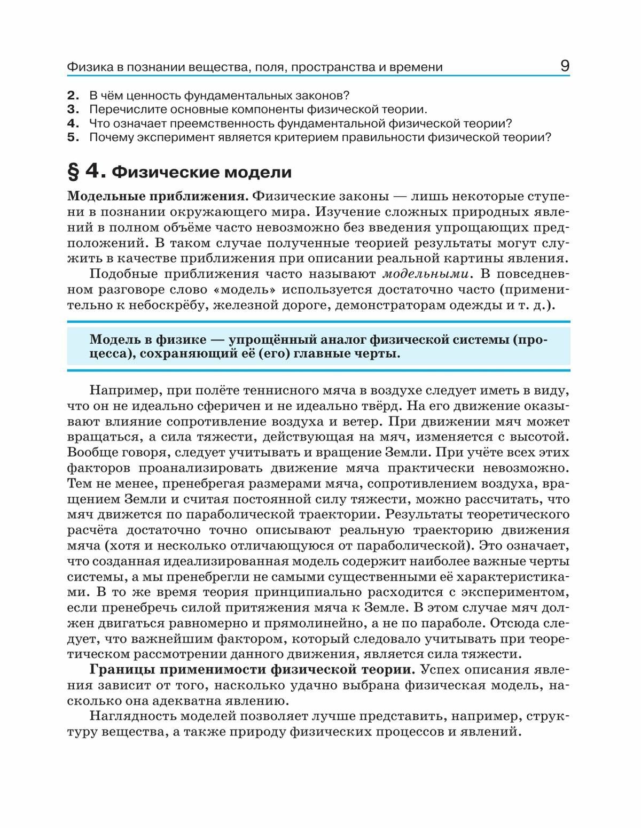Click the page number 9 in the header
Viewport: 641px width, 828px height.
pos(565,66)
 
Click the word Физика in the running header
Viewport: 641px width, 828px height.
pos(87,67)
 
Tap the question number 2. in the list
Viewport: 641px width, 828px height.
pos(73,96)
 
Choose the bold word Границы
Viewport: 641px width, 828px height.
pos(117,670)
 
